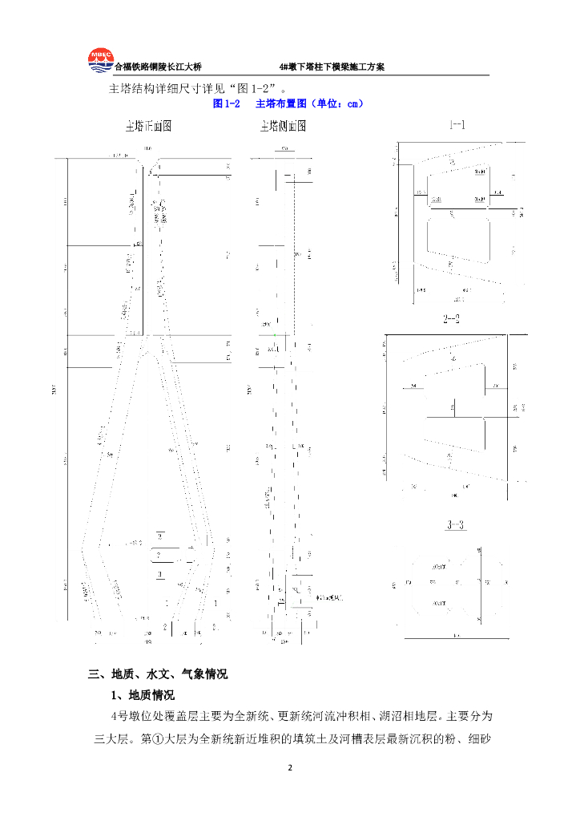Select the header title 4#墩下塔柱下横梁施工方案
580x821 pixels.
[332, 67]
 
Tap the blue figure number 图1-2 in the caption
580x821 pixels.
[226, 104]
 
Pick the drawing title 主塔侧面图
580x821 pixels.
[283, 127]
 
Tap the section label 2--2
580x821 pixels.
[452, 319]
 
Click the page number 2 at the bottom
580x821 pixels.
[290, 768]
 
